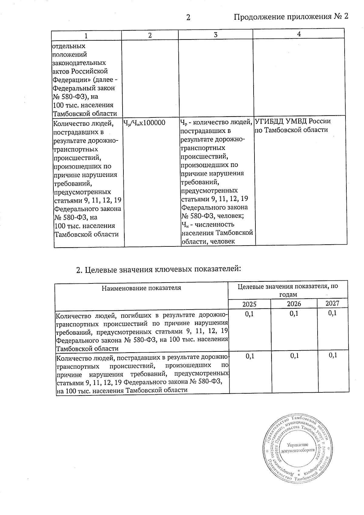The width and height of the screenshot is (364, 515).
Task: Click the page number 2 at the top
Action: (x=188, y=18)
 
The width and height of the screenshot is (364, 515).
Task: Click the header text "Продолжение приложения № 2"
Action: (x=291, y=17)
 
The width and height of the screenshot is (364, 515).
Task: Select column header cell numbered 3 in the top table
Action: (x=215, y=35)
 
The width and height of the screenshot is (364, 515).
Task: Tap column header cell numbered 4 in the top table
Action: (x=299, y=34)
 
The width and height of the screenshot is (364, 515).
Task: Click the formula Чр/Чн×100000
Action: (x=144, y=123)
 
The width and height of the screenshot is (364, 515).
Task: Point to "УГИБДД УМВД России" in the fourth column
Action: (x=292, y=121)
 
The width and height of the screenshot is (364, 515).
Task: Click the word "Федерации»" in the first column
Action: (x=69, y=80)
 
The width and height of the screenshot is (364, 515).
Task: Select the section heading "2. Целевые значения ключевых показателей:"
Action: (x=159, y=269)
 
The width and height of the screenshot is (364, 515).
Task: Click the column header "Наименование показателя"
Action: (x=141, y=288)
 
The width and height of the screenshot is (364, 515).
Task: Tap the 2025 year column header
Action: (x=249, y=304)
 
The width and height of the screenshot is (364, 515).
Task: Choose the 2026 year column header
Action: (x=294, y=303)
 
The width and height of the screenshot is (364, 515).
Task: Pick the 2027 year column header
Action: (x=332, y=303)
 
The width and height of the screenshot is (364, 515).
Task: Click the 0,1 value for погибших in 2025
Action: (x=249, y=314)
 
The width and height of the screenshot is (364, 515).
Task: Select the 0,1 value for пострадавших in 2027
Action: (x=333, y=355)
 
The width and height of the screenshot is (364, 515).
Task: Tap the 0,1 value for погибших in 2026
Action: (x=294, y=313)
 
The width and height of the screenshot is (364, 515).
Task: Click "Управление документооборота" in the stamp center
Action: (x=298, y=448)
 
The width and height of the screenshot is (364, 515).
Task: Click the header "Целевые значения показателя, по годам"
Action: (x=288, y=290)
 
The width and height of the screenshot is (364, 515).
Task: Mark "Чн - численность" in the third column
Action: (x=208, y=225)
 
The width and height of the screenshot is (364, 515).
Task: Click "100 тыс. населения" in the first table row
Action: (x=83, y=105)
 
